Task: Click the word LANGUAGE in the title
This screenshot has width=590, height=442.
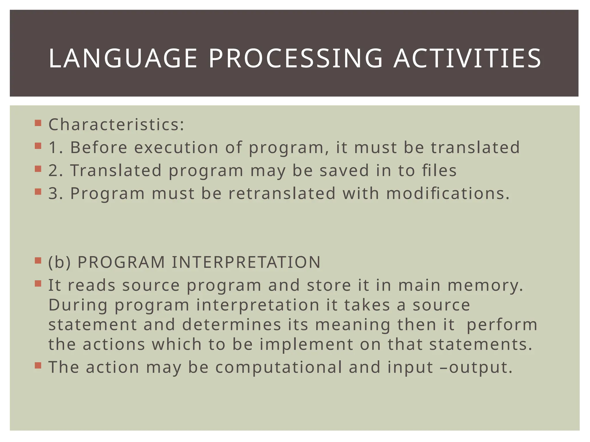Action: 123,59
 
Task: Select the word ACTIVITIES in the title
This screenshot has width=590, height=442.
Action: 467,59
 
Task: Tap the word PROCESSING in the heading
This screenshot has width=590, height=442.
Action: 296,59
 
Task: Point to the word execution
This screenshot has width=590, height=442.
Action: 176,147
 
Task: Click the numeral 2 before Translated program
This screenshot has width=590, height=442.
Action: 54,170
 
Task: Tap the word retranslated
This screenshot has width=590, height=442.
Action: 282,193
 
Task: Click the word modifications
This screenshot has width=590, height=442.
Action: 448,193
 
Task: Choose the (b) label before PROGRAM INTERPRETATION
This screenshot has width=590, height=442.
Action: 59,262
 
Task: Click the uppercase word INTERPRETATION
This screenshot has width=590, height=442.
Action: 246,262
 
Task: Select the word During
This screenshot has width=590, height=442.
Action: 78,305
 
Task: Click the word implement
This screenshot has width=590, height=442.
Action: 306,344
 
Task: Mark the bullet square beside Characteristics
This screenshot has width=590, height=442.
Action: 38,123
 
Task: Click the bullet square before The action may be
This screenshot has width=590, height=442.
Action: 38,365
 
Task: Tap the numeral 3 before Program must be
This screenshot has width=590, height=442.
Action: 54,193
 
